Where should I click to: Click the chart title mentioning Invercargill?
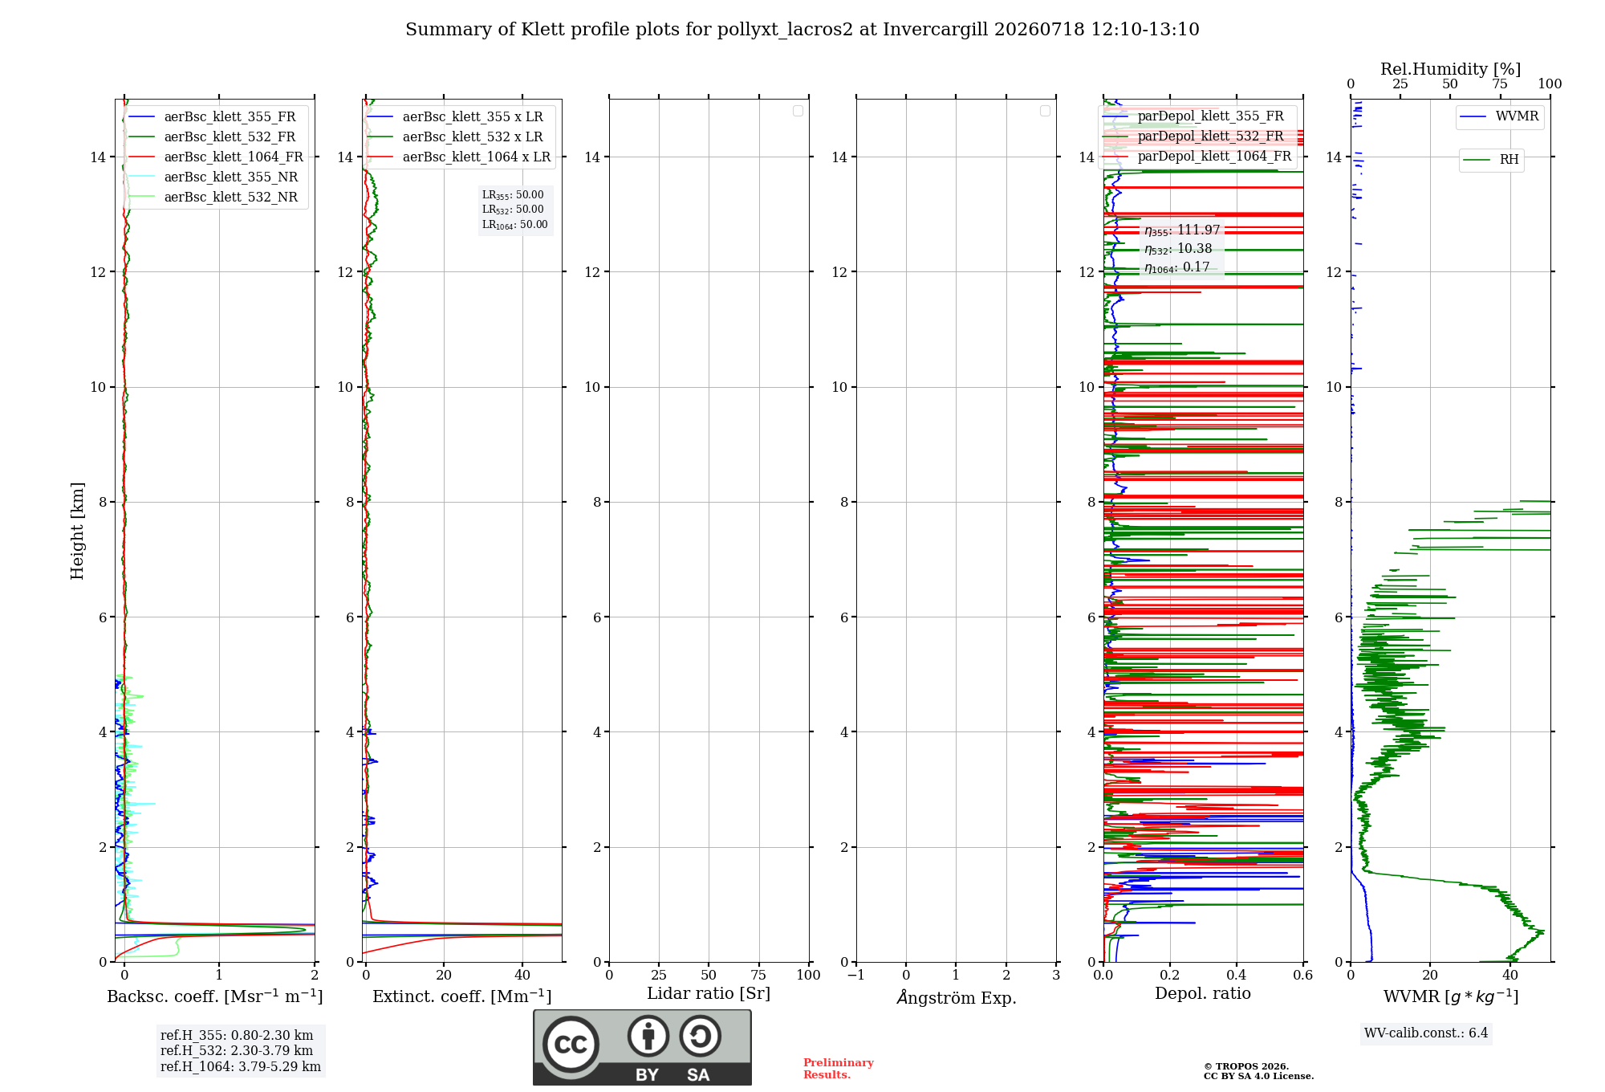pos(802,30)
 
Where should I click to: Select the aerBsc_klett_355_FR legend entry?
pos(212,116)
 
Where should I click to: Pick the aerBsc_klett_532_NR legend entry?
pos(213,197)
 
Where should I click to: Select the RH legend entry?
pos(1491,160)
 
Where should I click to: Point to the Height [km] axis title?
pos(77,531)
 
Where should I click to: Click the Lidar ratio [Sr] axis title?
pos(709,993)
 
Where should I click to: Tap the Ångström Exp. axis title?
pos(957,996)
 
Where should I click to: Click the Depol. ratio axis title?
pos(1203,993)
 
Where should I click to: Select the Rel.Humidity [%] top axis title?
pos(1451,69)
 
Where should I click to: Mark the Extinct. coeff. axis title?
pos(462,996)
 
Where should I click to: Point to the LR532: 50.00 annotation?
pos(513,210)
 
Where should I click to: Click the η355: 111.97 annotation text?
pos(1182,230)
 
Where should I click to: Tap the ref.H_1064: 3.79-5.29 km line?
pos(241,1066)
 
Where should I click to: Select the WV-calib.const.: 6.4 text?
pos(1426,1033)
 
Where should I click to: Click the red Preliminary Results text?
pos(839,1069)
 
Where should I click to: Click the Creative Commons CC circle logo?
pos(571,1045)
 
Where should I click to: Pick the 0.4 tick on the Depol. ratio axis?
pos(1237,975)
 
